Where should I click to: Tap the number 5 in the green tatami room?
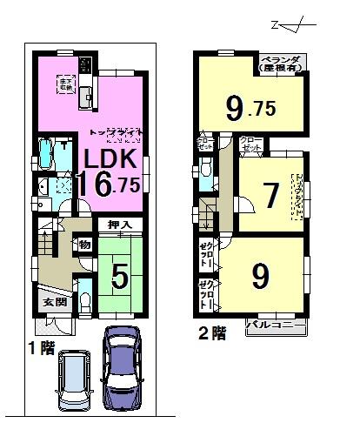(x=120, y=278)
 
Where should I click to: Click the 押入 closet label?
(x=120, y=225)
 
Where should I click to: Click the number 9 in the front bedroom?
(x=261, y=276)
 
